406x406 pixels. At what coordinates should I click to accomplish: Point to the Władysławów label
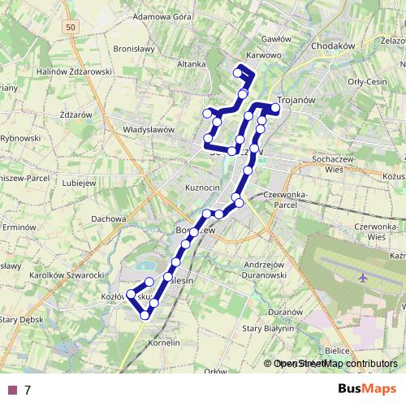click(x=149, y=129)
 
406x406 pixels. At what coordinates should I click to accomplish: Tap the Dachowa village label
click(x=109, y=218)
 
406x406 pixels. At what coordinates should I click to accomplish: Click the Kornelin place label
click(x=164, y=343)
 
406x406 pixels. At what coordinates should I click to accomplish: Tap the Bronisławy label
click(x=134, y=49)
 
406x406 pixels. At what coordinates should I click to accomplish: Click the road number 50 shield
click(x=71, y=28)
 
